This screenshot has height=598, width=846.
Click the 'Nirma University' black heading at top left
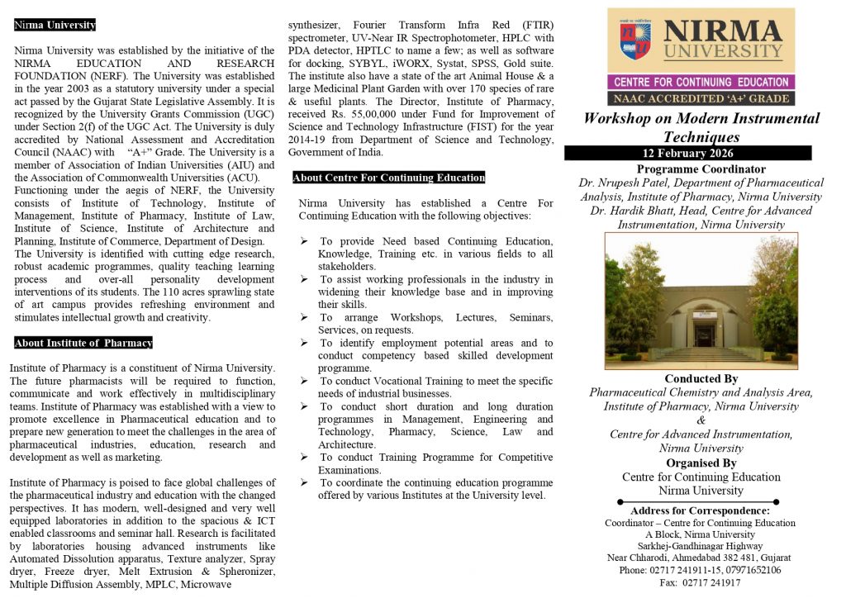pyautogui.click(x=55, y=25)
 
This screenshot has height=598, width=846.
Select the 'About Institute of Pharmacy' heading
pyautogui.click(x=83, y=343)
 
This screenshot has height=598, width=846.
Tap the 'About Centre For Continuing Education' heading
pyautogui.click(x=389, y=178)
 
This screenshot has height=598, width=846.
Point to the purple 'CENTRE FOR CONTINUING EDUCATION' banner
pyautogui.click(x=701, y=82)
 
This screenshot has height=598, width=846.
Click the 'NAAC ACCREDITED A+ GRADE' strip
pyautogui.click(x=701, y=98)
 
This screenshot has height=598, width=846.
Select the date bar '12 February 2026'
pyautogui.click(x=700, y=153)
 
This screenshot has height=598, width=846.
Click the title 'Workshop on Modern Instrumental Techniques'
pyautogui.click(x=701, y=127)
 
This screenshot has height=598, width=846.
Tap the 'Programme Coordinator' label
pyautogui.click(x=701, y=169)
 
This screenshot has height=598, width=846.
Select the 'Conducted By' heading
pyautogui.click(x=701, y=379)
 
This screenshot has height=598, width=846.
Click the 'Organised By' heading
pyautogui.click(x=701, y=463)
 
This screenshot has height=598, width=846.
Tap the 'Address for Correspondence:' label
pyautogui.click(x=700, y=510)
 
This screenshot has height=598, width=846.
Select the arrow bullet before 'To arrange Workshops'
pyautogui.click(x=305, y=317)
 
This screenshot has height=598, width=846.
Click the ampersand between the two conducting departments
pyautogui.click(x=701, y=420)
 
